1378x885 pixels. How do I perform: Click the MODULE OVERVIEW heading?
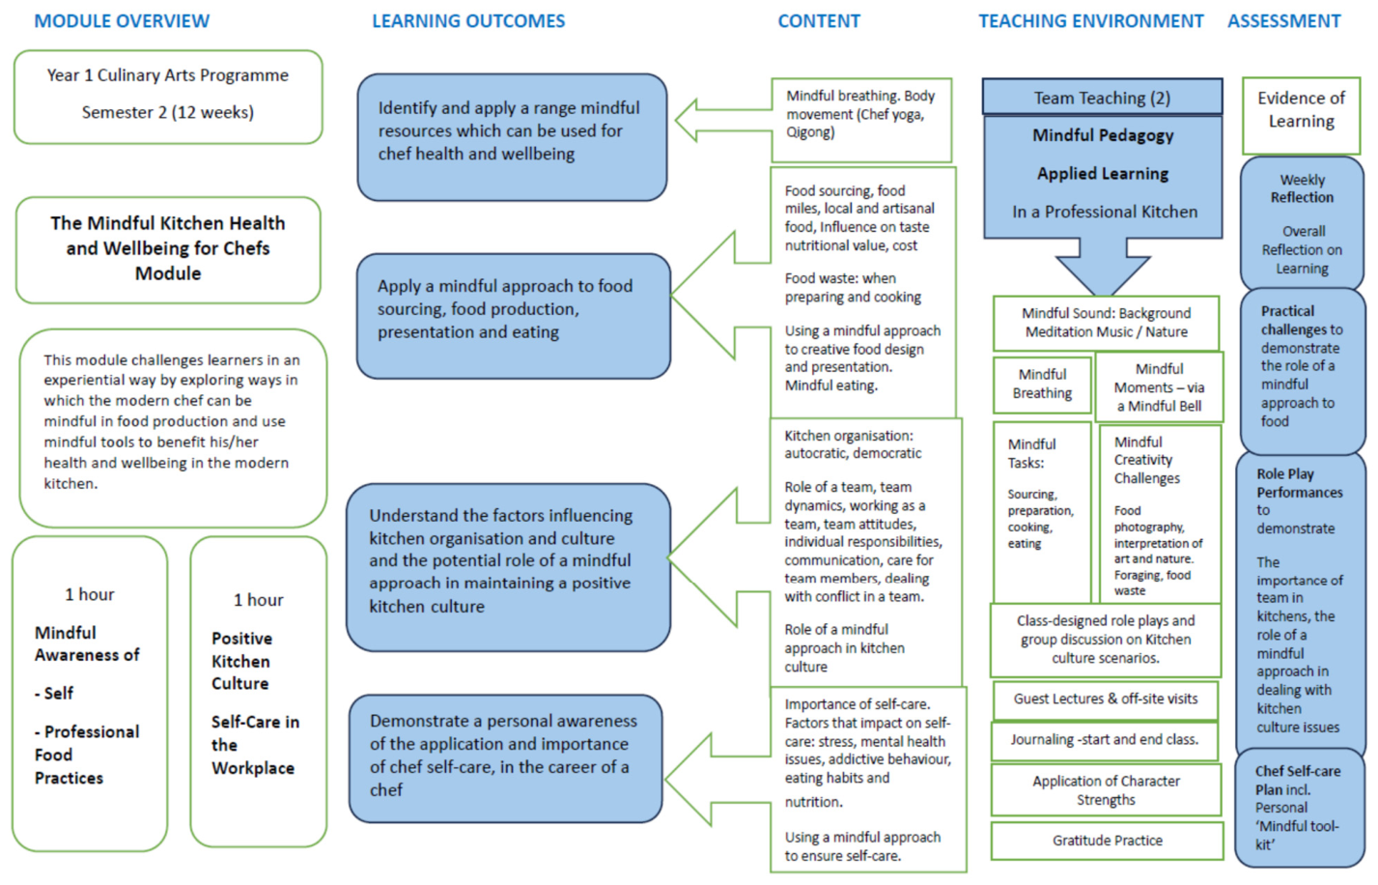pyautogui.click(x=122, y=21)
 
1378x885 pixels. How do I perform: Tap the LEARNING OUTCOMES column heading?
pyautogui.click(x=468, y=21)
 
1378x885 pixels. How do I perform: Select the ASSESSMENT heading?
pyautogui.click(x=1284, y=21)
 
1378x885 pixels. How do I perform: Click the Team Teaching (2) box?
pyautogui.click(x=1103, y=97)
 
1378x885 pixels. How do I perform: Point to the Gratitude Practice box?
pyautogui.click(x=1107, y=841)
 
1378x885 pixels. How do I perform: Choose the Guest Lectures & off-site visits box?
pyautogui.click(x=1106, y=699)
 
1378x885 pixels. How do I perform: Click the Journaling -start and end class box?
pyautogui.click(x=1105, y=740)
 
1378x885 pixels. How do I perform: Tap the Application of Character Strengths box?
pyautogui.click(x=1106, y=790)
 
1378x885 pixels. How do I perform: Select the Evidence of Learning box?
pyautogui.click(x=1301, y=115)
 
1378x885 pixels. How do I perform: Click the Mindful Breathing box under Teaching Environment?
pyautogui.click(x=1042, y=385)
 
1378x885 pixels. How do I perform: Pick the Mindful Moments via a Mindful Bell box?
pyautogui.click(x=1159, y=387)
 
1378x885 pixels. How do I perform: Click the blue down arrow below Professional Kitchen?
pyautogui.click(x=1103, y=268)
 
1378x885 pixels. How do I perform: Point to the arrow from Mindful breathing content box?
pyautogui.click(x=723, y=121)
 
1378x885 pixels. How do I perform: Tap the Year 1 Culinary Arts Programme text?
pyautogui.click(x=168, y=75)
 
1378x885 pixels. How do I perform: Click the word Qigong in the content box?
pyautogui.click(x=810, y=132)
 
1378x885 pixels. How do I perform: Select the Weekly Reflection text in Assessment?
pyautogui.click(x=1302, y=188)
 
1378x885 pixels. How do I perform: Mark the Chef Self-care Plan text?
pyautogui.click(x=1298, y=780)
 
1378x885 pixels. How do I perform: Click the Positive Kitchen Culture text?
pyautogui.click(x=241, y=661)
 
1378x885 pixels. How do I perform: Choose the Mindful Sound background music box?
pyautogui.click(x=1106, y=323)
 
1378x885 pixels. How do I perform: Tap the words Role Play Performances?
pyautogui.click(x=1299, y=483)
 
